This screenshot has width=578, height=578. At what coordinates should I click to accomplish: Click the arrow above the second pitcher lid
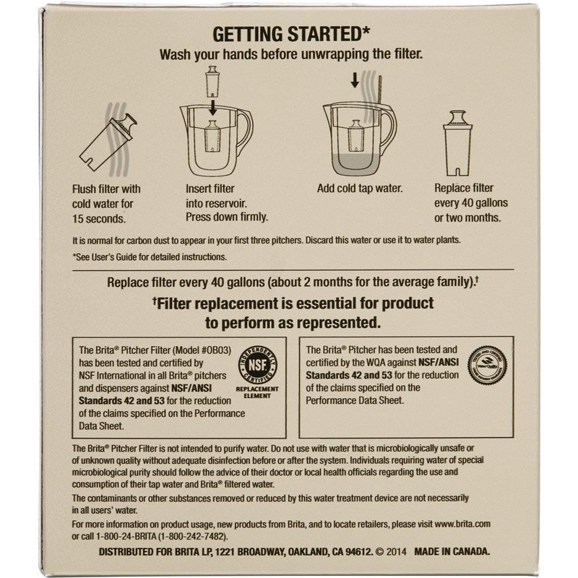(354, 80)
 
